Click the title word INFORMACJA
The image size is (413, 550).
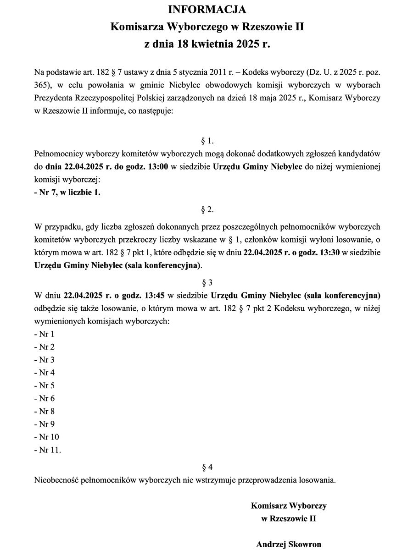point(207,10)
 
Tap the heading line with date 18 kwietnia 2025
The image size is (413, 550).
point(207,44)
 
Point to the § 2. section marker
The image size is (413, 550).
point(207,209)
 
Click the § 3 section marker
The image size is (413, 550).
point(207,282)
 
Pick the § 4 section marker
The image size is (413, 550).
point(207,467)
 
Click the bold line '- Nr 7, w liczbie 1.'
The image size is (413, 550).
point(67,192)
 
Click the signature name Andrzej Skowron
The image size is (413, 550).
point(289,544)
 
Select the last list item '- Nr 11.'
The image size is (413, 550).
point(47,450)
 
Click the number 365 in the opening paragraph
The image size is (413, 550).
point(41,85)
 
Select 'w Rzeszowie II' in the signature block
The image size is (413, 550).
point(289,519)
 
